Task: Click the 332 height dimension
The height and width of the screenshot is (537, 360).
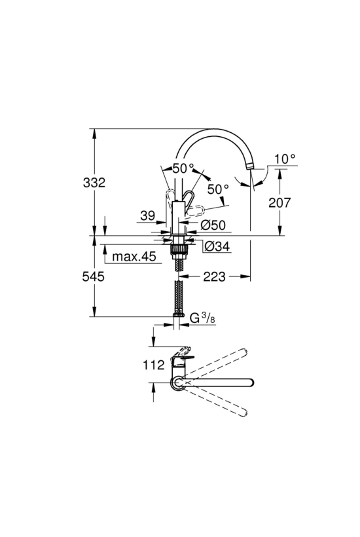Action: tap(94, 183)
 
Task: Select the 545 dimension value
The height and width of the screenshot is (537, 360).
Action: tap(94, 276)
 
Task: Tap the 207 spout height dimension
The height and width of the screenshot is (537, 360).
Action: tap(279, 203)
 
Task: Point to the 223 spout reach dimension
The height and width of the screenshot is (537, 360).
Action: tap(215, 276)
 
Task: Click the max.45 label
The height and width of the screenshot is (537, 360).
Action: tap(134, 256)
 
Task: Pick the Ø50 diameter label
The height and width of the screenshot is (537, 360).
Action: tap(213, 225)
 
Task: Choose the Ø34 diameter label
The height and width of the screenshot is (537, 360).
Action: tap(217, 246)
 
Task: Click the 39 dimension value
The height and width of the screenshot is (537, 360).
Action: tap(147, 215)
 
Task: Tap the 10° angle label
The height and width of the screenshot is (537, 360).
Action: tap(285, 158)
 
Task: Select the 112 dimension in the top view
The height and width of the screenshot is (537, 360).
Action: tap(154, 365)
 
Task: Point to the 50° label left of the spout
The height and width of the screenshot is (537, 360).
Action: tap(183, 168)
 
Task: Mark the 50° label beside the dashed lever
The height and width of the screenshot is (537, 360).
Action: tap(218, 189)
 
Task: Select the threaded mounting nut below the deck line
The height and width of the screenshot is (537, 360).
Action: tap(178, 248)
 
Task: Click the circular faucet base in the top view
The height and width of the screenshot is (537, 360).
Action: tap(177, 382)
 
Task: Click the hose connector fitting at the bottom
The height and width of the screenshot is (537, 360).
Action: tap(178, 314)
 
